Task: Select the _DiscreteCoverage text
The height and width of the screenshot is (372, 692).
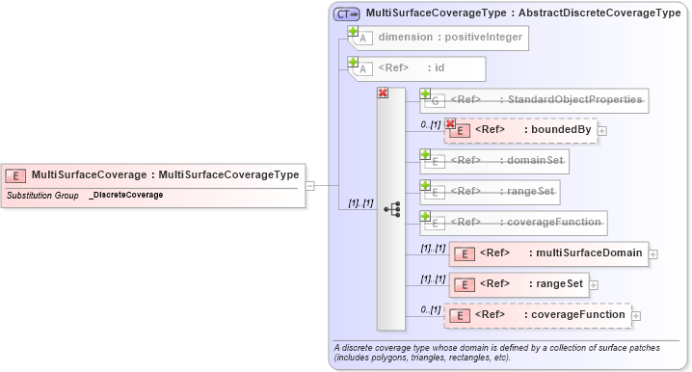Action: [125, 195]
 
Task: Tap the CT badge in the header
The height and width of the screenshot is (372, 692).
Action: [345, 13]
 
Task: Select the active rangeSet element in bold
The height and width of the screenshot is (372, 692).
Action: [520, 284]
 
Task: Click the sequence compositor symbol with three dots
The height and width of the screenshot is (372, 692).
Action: [391, 207]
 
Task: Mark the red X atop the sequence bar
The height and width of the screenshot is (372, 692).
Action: [383, 93]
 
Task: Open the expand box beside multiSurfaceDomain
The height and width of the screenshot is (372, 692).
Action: [653, 253]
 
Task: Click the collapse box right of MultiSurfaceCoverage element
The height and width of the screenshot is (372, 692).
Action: [309, 185]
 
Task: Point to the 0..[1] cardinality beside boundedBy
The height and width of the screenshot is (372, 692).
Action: [430, 124]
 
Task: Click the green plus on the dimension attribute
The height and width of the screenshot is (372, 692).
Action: [354, 31]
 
